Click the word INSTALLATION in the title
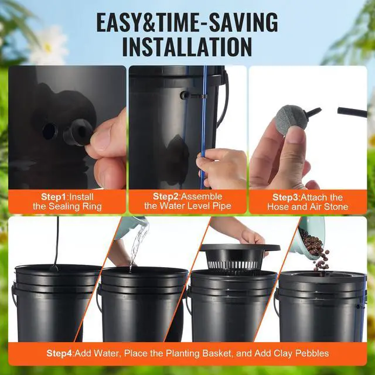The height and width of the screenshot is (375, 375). pos(187,47)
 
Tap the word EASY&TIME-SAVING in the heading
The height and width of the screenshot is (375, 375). pos(187,22)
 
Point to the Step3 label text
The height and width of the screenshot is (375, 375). pos(286,197)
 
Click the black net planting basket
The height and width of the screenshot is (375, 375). pos(237,258)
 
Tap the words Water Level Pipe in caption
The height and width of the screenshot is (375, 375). pos(196,206)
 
